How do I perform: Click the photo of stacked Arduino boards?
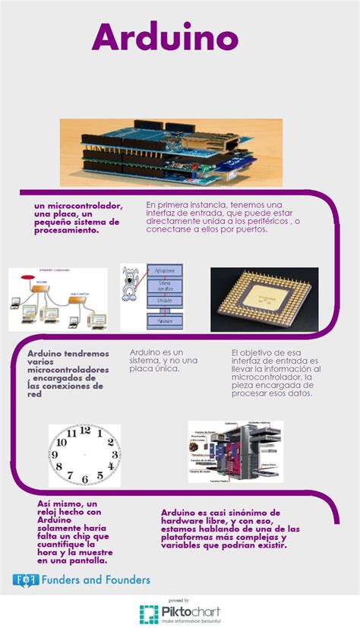click(171, 152)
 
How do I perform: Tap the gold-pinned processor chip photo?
click(264, 299)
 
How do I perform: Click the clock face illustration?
click(84, 456)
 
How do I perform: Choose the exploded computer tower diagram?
click(235, 452)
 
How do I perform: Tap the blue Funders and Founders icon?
click(26, 580)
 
